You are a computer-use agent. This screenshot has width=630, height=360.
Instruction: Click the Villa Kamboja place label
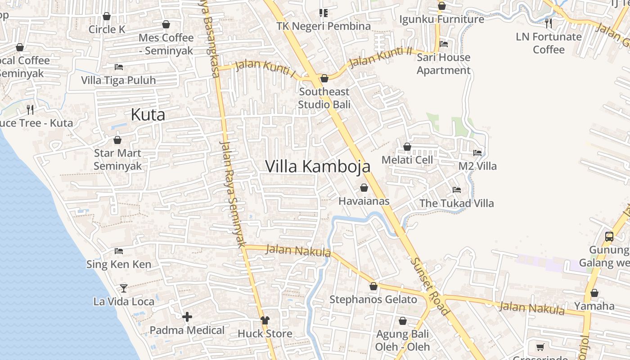(318, 166)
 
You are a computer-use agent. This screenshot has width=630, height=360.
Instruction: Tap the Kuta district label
(148, 115)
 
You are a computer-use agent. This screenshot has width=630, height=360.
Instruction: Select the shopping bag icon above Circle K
(107, 16)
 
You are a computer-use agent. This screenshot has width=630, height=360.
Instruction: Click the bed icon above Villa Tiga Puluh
(118, 67)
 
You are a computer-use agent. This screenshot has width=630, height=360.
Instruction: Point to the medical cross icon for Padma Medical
(187, 317)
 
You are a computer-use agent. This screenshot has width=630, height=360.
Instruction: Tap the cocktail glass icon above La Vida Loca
(123, 288)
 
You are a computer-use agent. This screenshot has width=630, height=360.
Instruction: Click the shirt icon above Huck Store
(265, 320)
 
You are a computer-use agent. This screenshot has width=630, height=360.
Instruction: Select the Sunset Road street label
(430, 286)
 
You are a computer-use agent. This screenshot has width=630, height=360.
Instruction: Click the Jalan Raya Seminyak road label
(233, 193)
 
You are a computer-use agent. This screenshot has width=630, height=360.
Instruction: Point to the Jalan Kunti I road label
(265, 68)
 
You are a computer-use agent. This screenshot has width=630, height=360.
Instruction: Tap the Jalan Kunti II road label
(380, 57)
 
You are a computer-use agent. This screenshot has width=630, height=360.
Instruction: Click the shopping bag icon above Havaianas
(364, 188)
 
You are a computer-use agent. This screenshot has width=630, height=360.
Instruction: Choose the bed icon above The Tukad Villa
(456, 190)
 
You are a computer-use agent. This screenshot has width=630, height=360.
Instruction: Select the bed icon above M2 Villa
(477, 153)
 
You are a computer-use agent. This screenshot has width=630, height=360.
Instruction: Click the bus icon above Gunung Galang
(609, 236)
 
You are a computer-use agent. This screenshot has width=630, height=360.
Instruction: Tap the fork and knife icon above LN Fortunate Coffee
(548, 22)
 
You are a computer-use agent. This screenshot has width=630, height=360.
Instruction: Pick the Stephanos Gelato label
(373, 299)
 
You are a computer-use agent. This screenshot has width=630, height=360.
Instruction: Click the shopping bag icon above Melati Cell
(407, 147)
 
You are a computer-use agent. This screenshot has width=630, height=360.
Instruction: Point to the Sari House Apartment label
(443, 64)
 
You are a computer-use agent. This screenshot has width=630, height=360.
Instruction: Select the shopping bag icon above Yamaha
(594, 293)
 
